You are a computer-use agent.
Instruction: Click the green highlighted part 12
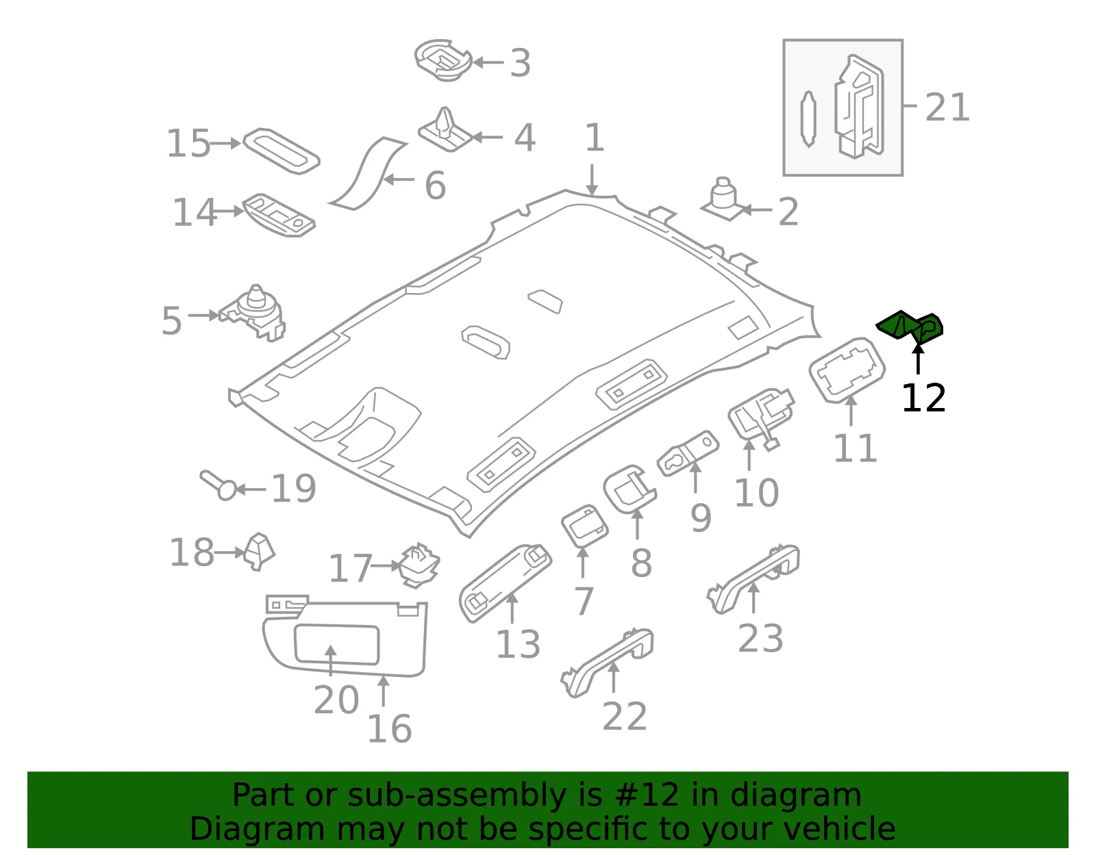coord(909,326)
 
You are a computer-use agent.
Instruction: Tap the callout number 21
coord(947,107)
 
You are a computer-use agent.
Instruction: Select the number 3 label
coord(520,63)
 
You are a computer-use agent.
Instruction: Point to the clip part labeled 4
coord(445,130)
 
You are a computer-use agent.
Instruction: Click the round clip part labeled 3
coord(443,60)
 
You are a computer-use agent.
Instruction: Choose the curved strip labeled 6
coord(367,173)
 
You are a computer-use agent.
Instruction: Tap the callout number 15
coord(188,143)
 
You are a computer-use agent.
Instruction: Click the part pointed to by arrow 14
coord(279,215)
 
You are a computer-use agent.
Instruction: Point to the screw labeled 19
coord(219,485)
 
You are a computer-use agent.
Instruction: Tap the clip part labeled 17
coord(419,565)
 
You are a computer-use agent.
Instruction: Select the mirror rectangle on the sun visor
coord(336,644)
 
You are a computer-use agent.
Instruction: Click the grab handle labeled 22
coord(607,662)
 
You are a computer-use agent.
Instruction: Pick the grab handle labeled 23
coord(753,579)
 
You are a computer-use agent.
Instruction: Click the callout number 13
coord(518,644)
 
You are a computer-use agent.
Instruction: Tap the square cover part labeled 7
coord(584,526)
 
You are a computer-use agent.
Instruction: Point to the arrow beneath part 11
coord(851,411)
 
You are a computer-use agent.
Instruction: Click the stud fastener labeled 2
coord(723,199)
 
